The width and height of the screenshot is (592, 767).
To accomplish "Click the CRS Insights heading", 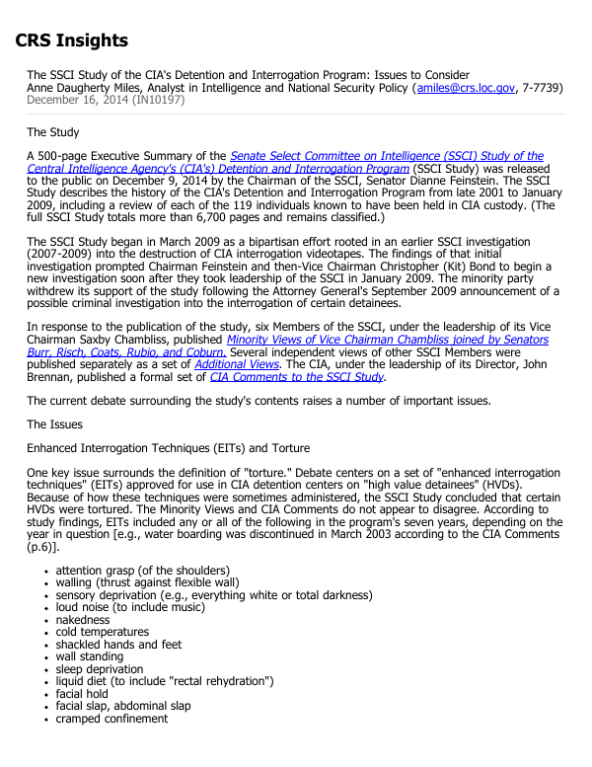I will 71,40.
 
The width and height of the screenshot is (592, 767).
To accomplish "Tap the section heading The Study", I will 53,132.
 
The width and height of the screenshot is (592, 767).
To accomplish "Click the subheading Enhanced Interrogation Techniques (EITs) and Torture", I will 168,449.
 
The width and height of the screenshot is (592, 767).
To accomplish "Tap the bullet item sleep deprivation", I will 99,669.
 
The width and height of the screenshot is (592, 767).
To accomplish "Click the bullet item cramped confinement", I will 111,719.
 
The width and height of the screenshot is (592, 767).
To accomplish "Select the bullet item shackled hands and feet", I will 118,645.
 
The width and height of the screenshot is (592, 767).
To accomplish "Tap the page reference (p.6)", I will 42,547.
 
